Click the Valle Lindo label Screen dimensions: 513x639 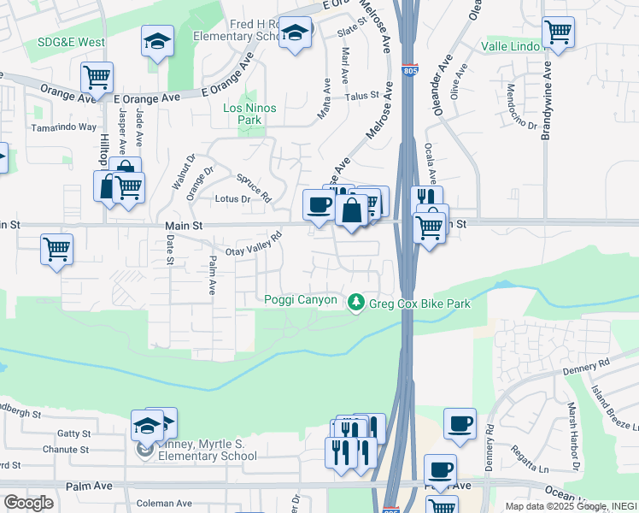(x=510, y=45)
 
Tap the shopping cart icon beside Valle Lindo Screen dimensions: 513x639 (x=558, y=32)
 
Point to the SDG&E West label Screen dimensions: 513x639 (x=71, y=42)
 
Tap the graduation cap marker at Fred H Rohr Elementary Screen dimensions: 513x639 (x=296, y=34)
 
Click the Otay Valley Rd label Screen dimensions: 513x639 (x=253, y=244)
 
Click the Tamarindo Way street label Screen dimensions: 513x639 (x=64, y=127)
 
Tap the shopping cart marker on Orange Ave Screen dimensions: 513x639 (x=97, y=78)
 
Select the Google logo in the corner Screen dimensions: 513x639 (x=28, y=503)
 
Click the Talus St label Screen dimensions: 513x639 (x=361, y=97)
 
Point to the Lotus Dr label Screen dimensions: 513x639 (x=232, y=199)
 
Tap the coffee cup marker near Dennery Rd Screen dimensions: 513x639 (x=460, y=423)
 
